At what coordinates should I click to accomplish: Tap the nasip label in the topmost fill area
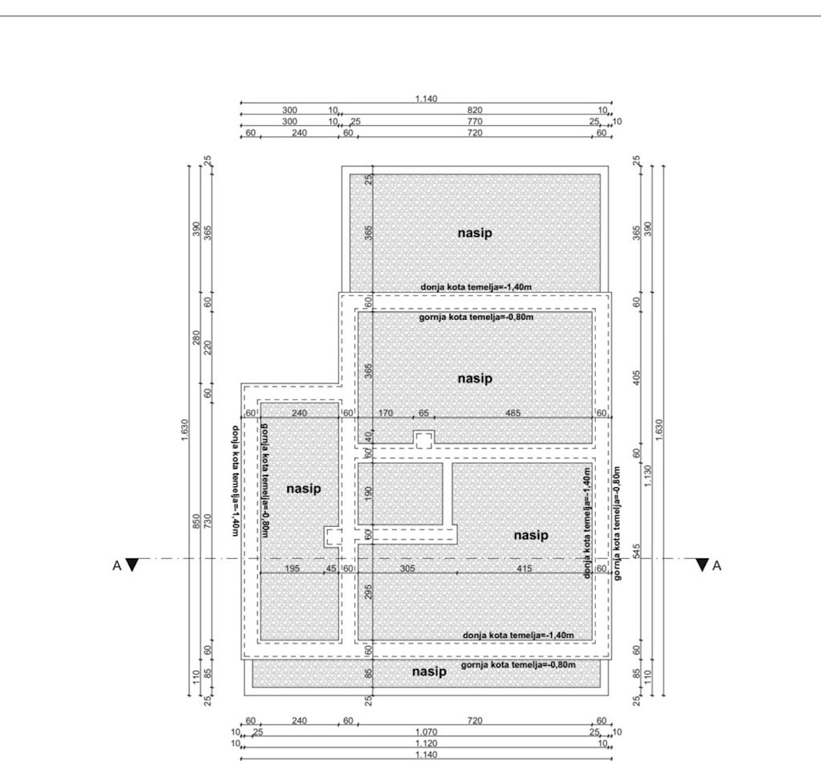pyautogui.click(x=475, y=233)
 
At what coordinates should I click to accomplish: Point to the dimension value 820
pyautogui.click(x=475, y=110)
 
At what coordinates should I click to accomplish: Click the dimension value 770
pyautogui.click(x=475, y=121)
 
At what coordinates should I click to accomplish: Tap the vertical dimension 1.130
pyautogui.click(x=647, y=476)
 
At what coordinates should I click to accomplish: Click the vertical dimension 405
pyautogui.click(x=636, y=378)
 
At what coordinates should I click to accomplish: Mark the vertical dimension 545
pyautogui.click(x=636, y=552)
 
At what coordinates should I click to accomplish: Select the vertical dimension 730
pyautogui.click(x=207, y=521)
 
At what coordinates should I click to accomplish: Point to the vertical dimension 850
pyautogui.click(x=196, y=521)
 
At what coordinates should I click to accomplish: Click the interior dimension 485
pyautogui.click(x=513, y=413)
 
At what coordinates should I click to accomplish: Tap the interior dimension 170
pyautogui.click(x=386, y=413)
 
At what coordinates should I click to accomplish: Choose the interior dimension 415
pyautogui.click(x=525, y=568)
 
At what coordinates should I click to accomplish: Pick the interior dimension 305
pyautogui.click(x=407, y=568)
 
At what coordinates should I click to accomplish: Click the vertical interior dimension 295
pyautogui.click(x=368, y=592)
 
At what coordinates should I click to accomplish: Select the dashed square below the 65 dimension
pyautogui.click(x=423, y=441)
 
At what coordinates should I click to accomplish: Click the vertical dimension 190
pyautogui.click(x=368, y=493)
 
